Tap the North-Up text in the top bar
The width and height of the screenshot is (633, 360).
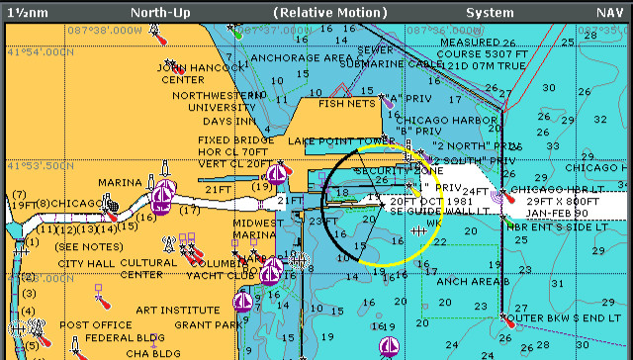point(160,13)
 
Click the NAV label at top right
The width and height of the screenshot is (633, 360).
point(609,13)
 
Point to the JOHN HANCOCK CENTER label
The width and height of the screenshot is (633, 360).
point(197,73)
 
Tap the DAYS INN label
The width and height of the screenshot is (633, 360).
point(229,121)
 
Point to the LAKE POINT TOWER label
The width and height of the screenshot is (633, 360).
point(340,141)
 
